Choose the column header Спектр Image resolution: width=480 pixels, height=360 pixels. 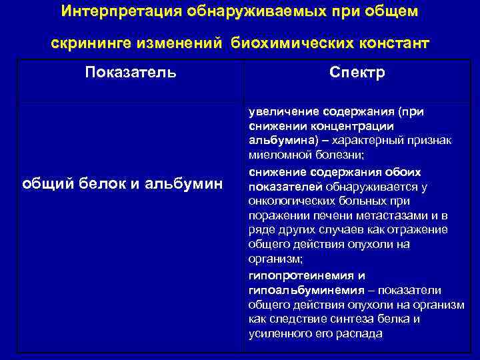click(x=357, y=72)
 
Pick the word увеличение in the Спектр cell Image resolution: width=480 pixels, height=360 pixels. click(x=283, y=111)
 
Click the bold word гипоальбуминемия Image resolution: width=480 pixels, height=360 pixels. click(x=306, y=289)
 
